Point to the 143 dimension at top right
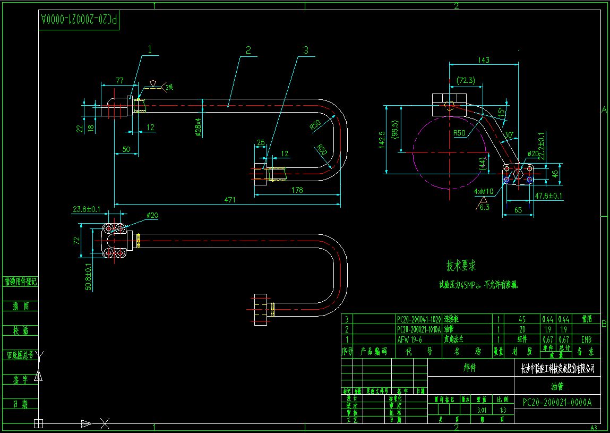tap(483, 61)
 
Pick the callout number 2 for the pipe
tap(248, 50)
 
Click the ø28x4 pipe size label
tap(198, 127)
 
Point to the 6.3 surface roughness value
tap(484, 207)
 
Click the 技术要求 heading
tap(461, 265)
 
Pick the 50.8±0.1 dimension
tap(89, 276)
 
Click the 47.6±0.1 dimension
tap(548, 196)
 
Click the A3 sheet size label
tap(594, 428)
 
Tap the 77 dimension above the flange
tap(119, 80)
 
